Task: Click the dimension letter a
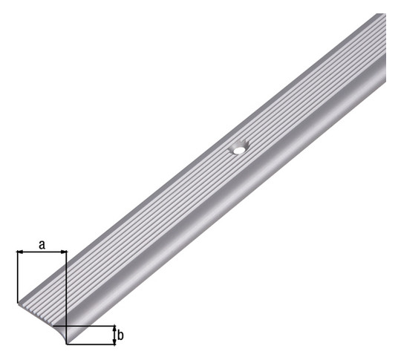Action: click(42, 245)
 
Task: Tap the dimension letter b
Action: click(120, 336)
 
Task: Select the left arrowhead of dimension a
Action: click(20, 252)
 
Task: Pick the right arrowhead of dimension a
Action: click(63, 252)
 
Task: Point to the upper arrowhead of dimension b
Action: click(114, 329)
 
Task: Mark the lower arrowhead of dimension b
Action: click(114, 341)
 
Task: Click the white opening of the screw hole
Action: click(239, 151)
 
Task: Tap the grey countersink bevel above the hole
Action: click(241, 145)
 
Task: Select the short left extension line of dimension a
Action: click(17, 277)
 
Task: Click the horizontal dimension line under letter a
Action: click(42, 252)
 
